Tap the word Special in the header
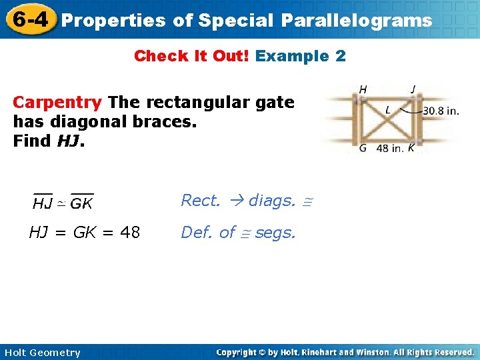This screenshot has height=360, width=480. pyautogui.click(x=235, y=20)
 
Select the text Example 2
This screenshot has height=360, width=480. pyautogui.click(x=301, y=56)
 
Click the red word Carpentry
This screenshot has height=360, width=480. pyautogui.click(x=57, y=103)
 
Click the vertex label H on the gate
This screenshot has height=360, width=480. pyautogui.click(x=363, y=89)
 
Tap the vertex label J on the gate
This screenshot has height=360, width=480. pyautogui.click(x=414, y=89)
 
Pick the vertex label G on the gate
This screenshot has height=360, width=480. pyautogui.click(x=363, y=148)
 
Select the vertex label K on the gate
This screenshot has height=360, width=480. pyautogui.click(x=411, y=148)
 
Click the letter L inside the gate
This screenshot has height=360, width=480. pyautogui.click(x=388, y=109)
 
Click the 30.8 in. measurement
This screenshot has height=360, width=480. pyautogui.click(x=441, y=111)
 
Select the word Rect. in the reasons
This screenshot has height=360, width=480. pyautogui.click(x=201, y=201)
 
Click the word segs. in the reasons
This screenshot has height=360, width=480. pyautogui.click(x=275, y=233)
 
